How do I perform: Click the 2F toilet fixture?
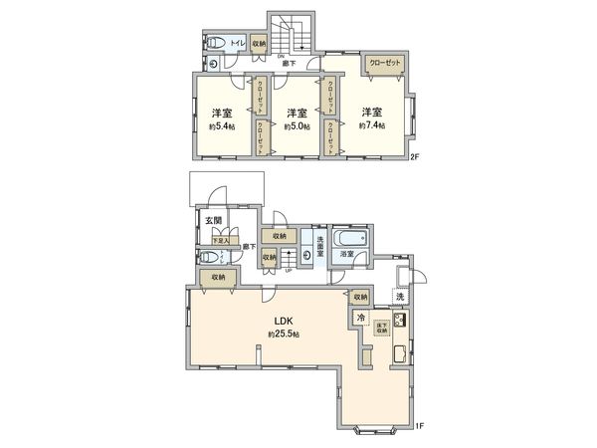coord(213,45)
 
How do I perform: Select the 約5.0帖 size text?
coord(296,127)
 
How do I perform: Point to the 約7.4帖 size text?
coord(373,126)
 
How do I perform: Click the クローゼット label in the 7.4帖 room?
coord(384,63)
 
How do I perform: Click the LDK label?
coord(283,321)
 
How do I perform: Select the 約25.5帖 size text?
coord(283,334)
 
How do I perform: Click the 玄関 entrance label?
coord(214,221)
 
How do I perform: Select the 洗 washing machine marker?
coord(400,297)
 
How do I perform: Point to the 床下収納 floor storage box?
coord(381,328)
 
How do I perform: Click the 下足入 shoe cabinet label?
coord(221,241)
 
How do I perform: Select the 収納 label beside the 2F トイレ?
coord(259,45)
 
